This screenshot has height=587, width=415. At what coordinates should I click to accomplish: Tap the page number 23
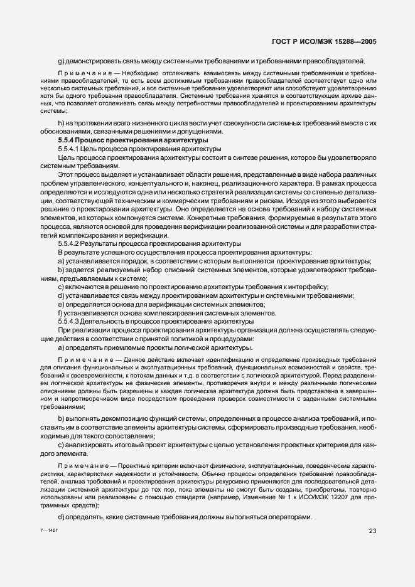click(372, 532)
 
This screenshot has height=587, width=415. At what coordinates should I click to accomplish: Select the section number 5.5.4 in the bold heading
click(67, 141)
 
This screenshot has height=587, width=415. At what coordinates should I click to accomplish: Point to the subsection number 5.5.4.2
click(70, 243)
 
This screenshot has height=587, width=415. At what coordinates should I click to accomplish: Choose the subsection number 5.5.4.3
click(70, 321)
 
